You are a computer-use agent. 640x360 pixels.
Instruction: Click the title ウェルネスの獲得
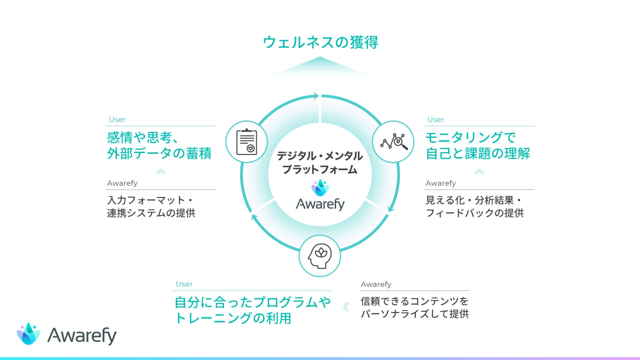(x=320, y=42)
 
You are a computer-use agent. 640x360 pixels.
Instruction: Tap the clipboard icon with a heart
(x=247, y=142)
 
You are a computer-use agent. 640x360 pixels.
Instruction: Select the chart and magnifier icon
(x=393, y=142)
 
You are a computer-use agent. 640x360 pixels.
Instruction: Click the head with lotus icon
(x=320, y=256)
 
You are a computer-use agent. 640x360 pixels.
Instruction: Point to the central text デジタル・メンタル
(x=320, y=156)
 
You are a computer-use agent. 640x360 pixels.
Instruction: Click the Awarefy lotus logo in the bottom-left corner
(x=29, y=334)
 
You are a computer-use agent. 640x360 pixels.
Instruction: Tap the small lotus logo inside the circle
(x=320, y=188)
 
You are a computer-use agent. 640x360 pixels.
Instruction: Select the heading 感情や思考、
(x=143, y=137)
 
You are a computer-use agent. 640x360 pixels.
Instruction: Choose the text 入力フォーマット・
(x=150, y=200)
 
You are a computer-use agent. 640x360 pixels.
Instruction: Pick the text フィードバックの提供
(x=475, y=213)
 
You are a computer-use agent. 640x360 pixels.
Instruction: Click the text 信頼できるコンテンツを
(x=415, y=301)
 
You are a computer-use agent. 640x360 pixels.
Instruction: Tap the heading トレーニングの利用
(x=233, y=318)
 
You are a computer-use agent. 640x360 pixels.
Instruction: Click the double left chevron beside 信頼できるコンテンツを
(x=346, y=307)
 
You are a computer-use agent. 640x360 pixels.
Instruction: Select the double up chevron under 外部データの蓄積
(x=161, y=172)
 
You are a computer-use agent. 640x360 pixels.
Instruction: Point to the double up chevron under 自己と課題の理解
(x=479, y=172)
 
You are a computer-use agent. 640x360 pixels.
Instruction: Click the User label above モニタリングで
(x=436, y=119)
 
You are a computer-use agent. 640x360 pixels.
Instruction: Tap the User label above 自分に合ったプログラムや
(x=184, y=284)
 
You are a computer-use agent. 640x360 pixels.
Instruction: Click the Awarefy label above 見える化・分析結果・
(x=441, y=183)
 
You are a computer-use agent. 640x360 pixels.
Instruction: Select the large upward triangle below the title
(x=320, y=67)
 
